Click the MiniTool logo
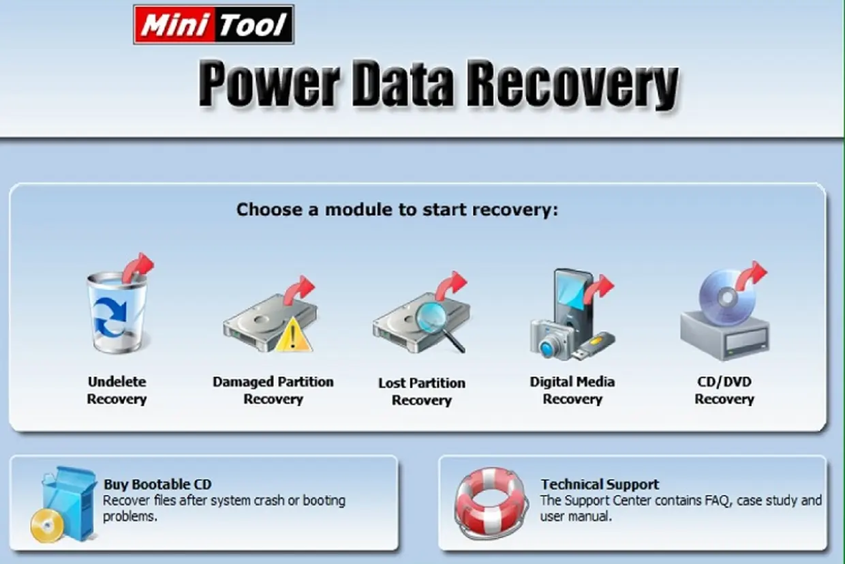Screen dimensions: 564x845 click(x=213, y=25)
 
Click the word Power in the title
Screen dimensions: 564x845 click(x=270, y=85)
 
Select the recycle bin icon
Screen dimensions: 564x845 click(x=116, y=312)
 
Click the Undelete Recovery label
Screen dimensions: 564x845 click(x=117, y=390)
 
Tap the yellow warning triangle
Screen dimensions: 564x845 click(x=293, y=334)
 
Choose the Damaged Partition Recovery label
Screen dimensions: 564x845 click(x=273, y=390)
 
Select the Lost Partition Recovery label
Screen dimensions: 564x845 click(x=422, y=391)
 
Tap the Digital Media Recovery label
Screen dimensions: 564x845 click(x=572, y=390)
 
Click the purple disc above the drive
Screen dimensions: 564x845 click(x=726, y=296)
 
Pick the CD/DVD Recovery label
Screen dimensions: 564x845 click(x=724, y=390)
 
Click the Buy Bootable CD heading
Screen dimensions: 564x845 click(x=157, y=484)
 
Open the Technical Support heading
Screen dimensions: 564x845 click(x=600, y=484)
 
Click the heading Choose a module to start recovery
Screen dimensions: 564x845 click(x=397, y=209)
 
